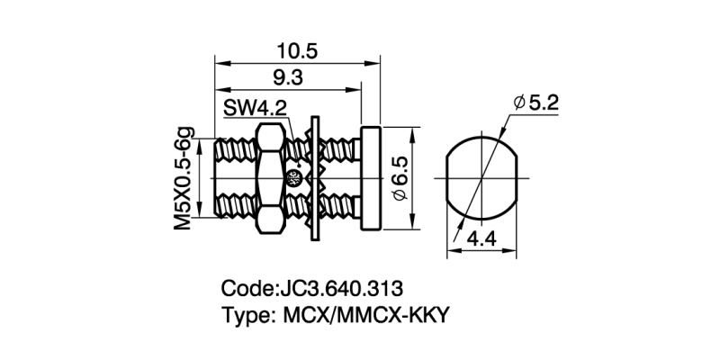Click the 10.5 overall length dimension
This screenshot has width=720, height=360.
pos(294,50)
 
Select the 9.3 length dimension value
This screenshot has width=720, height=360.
pos(284,78)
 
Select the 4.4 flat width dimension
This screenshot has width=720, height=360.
pos(484,240)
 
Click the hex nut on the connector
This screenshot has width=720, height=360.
pos(270,178)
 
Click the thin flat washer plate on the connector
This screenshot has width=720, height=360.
pos(315,178)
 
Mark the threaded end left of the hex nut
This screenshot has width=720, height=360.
pos(237,178)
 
